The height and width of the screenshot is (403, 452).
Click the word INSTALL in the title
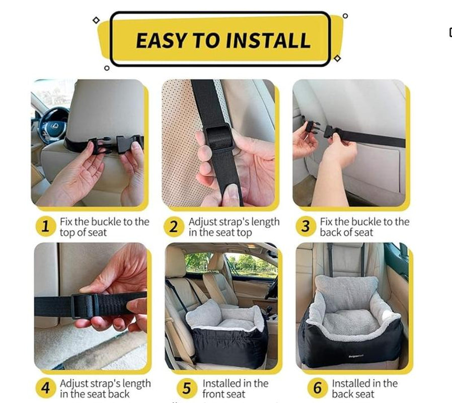point(266,40)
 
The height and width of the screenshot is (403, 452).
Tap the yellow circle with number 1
point(46,227)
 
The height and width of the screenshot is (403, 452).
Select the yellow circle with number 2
point(174,227)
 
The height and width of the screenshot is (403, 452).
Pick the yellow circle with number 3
point(306,227)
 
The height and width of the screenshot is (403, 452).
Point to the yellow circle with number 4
point(46,388)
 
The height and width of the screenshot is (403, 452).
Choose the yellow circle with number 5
point(187,388)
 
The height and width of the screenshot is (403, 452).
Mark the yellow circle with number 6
point(317,388)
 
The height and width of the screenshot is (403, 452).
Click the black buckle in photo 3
point(332,133)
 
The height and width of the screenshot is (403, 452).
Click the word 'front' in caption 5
point(217,394)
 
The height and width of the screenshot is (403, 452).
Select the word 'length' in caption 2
point(262,222)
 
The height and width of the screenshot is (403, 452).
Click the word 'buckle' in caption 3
point(367,222)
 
